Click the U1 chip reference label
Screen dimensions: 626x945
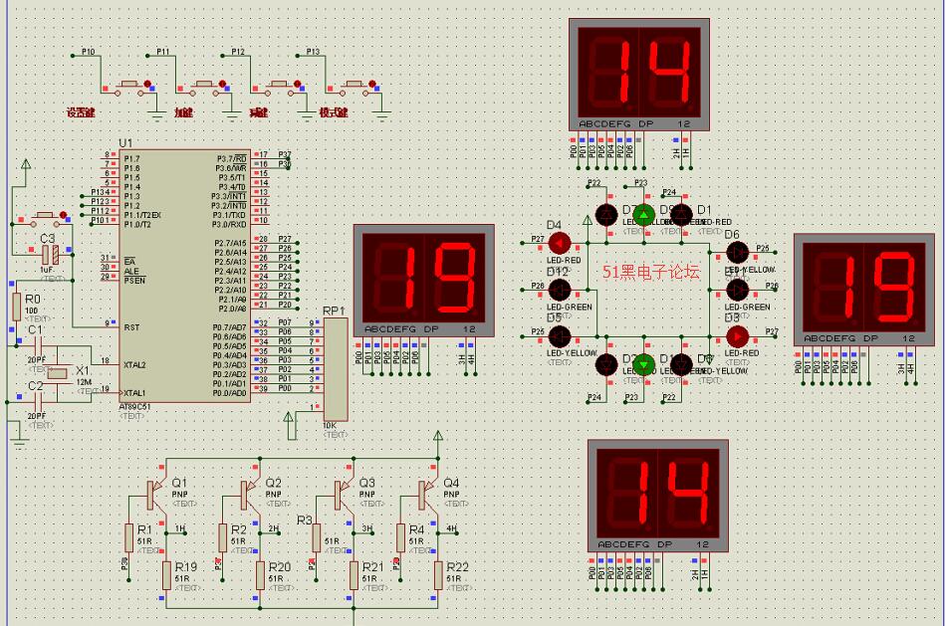click(x=124, y=143)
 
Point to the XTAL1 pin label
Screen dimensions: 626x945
click(x=134, y=392)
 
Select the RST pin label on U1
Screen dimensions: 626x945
click(x=129, y=326)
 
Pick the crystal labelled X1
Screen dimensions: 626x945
click(x=56, y=372)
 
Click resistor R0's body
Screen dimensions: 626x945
click(x=15, y=308)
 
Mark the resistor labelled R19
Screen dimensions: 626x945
click(x=166, y=575)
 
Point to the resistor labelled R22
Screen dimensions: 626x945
click(x=438, y=575)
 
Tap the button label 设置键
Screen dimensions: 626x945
click(x=80, y=112)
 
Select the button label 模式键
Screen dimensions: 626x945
click(x=334, y=112)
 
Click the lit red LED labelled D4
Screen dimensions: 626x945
click(x=558, y=242)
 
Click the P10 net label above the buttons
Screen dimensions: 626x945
click(x=88, y=51)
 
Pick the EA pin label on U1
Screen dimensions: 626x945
click(x=129, y=259)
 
